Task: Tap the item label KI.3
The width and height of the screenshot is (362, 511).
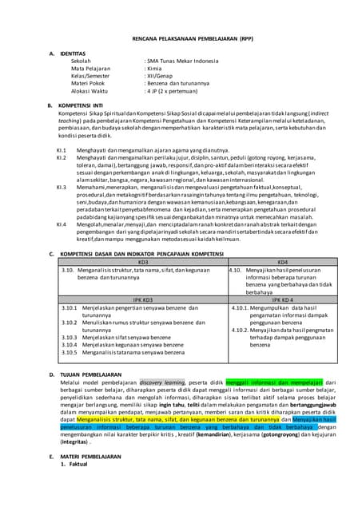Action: click(x=62, y=186)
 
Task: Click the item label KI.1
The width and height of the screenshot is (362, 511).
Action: click(x=62, y=149)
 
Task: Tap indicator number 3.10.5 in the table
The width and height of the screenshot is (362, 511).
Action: click(x=70, y=351)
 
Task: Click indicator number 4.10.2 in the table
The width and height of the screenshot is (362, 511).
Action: click(x=241, y=329)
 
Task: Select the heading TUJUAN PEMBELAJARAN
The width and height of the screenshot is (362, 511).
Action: click(x=95, y=374)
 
